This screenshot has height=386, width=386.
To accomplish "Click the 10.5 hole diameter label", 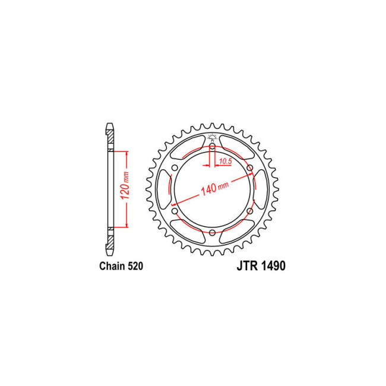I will pyautogui.click(x=224, y=161).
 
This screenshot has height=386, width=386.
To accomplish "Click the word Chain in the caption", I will pyautogui.click(x=110, y=266).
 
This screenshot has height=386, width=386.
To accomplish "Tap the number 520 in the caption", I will pyautogui.click(x=134, y=266).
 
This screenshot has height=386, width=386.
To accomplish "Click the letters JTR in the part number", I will pyautogui.click(x=239, y=266).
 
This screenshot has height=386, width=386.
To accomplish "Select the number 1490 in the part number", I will pyautogui.click(x=271, y=266).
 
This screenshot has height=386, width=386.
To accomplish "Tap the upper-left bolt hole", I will pyautogui.click(x=175, y=168).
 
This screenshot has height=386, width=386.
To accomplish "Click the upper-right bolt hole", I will pyautogui.click(x=249, y=168).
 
